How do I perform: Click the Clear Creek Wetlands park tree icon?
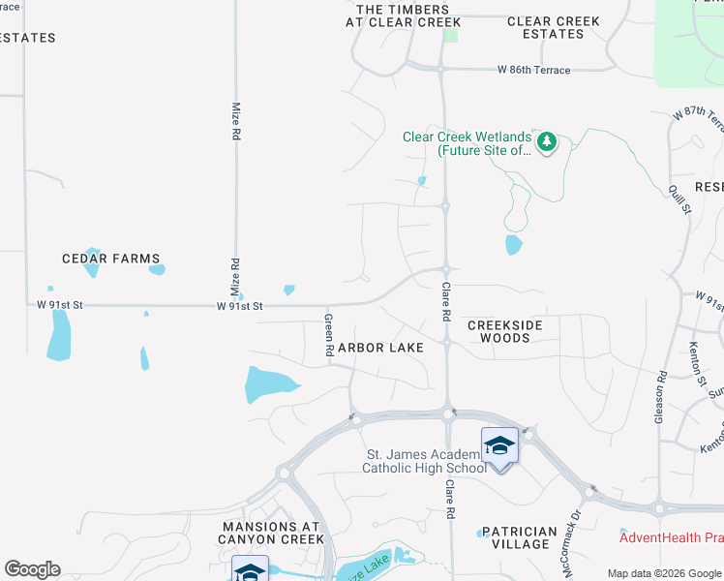pyautogui.click(x=547, y=143)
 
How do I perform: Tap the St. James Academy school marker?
pyautogui.click(x=499, y=446)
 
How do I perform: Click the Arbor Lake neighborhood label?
pyautogui.click(x=380, y=348)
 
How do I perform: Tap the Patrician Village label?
pyautogui.click(x=520, y=537)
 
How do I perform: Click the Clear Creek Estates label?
pyautogui.click(x=554, y=27)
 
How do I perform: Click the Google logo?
pyautogui.click(x=32, y=569)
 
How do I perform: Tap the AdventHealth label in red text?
pyautogui.click(x=671, y=537)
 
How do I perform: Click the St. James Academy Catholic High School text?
pyautogui.click(x=424, y=462)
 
